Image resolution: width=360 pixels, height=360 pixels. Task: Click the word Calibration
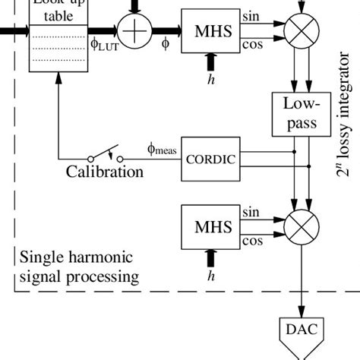(104, 172)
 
